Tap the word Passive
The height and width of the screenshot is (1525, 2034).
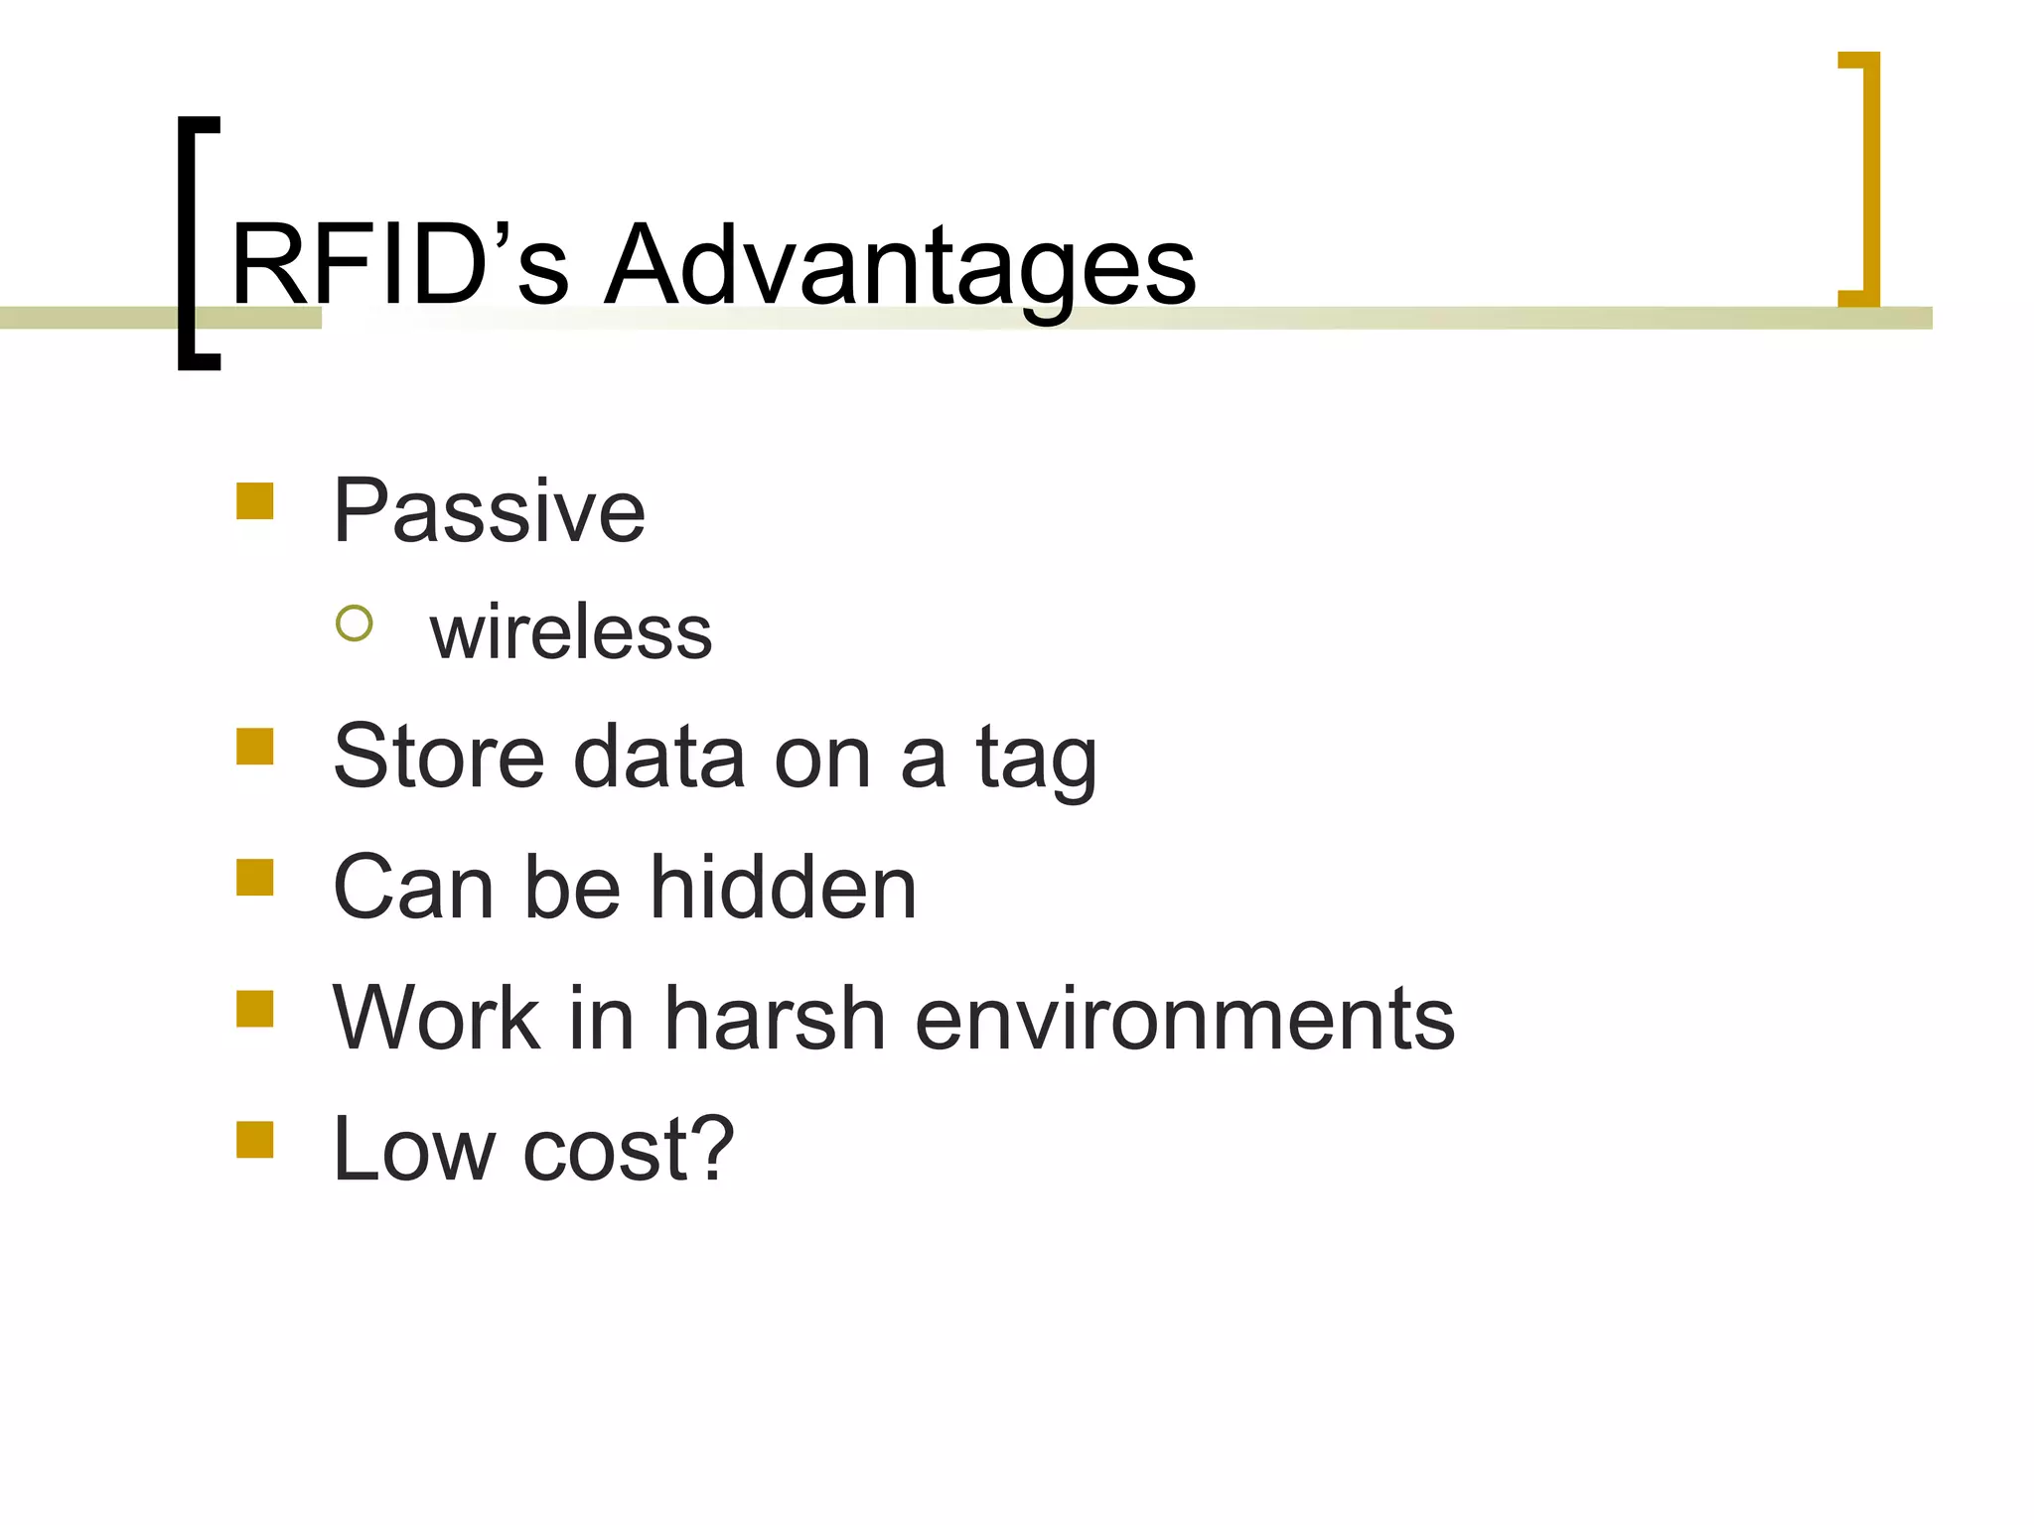(x=489, y=511)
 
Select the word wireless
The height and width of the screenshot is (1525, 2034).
(x=571, y=632)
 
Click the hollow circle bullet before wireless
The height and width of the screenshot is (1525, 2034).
(x=355, y=624)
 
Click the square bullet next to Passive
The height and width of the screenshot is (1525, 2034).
(x=255, y=501)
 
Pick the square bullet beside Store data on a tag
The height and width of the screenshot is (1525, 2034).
(x=255, y=747)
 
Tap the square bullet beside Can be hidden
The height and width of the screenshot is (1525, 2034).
(x=255, y=878)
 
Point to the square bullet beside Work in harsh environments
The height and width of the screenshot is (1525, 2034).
(x=255, y=1009)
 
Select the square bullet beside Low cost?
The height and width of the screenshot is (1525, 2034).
(x=255, y=1140)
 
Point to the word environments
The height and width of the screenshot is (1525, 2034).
(x=1184, y=1020)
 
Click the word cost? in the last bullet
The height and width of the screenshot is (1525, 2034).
(x=629, y=1150)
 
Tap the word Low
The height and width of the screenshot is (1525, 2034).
(x=414, y=1150)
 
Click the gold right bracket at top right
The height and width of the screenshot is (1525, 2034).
(x=1868, y=179)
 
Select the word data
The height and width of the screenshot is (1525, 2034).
(x=658, y=757)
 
